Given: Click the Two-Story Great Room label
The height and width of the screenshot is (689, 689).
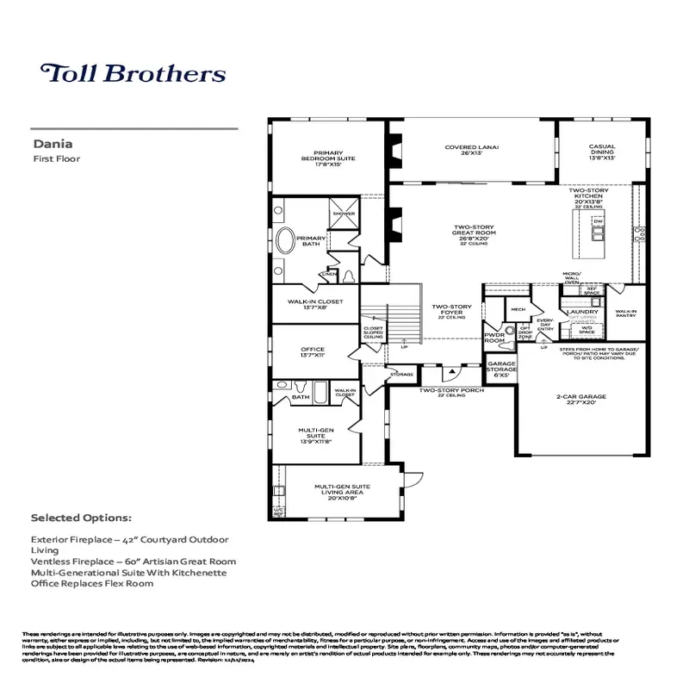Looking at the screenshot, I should pyautogui.click(x=475, y=233).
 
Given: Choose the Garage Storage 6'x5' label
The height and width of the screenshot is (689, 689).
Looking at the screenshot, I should pyautogui.click(x=502, y=369).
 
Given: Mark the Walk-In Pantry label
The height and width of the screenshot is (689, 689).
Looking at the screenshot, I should pyautogui.click(x=626, y=314).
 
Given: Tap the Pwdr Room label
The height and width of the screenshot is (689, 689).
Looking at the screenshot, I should pyautogui.click(x=494, y=338).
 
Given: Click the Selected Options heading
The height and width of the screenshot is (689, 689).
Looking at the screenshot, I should pyautogui.click(x=81, y=518).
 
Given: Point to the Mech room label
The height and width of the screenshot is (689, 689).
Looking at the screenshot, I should pyautogui.click(x=518, y=308).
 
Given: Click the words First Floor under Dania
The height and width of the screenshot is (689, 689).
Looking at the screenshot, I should pyautogui.click(x=52, y=159).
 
